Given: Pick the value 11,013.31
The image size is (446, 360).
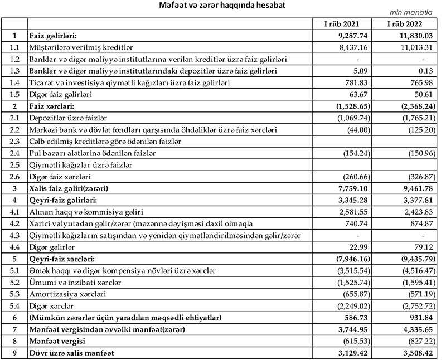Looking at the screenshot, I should tap(413, 48).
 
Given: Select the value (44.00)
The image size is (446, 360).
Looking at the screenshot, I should tap(354, 130).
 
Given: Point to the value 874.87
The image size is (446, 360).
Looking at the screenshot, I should tap(416, 223).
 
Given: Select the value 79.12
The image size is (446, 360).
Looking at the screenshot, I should tap(419, 247).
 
